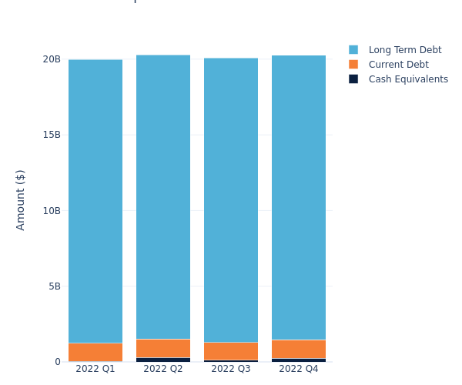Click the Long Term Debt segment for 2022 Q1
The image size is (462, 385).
click(95, 201)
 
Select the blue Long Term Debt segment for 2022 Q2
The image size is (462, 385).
click(163, 196)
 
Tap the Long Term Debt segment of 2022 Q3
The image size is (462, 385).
click(231, 199)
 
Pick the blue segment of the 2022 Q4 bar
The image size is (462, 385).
click(299, 197)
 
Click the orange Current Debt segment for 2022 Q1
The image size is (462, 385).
click(95, 352)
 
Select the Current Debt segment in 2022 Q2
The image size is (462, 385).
click(163, 348)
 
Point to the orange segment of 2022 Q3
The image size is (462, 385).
click(231, 351)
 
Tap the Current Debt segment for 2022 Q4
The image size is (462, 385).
click(299, 349)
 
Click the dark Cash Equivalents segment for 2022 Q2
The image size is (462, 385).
click(163, 360)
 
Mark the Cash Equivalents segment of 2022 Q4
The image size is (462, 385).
click(299, 360)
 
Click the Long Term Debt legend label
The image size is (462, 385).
click(405, 50)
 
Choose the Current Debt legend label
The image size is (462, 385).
click(398, 65)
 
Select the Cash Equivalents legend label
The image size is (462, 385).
click(408, 79)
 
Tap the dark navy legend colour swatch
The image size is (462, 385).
click(353, 79)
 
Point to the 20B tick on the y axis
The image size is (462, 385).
click(52, 59)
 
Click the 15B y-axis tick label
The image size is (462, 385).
click(52, 135)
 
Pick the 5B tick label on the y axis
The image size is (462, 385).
click(55, 286)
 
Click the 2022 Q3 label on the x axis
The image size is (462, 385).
click(231, 369)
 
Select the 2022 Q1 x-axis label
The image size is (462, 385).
click(95, 369)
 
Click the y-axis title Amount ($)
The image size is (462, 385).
click(21, 199)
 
